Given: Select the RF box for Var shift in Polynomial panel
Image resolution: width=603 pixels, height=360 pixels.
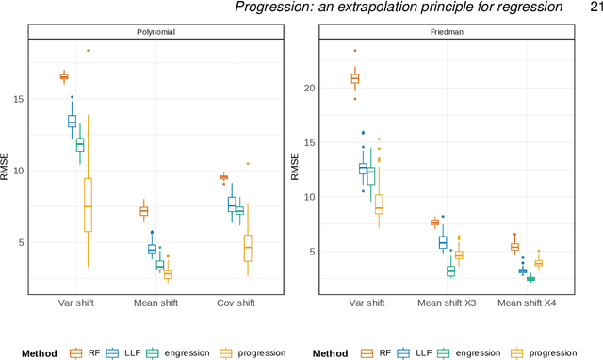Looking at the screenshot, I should (x=64, y=76).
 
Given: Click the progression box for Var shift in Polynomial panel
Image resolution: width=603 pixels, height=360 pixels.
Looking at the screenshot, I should (x=88, y=205).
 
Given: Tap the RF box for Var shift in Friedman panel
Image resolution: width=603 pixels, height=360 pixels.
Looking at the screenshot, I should (x=355, y=79).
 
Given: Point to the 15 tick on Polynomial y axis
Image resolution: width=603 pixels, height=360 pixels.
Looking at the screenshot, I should (x=29, y=99).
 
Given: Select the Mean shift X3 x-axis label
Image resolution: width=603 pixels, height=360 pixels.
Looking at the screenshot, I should (x=446, y=303).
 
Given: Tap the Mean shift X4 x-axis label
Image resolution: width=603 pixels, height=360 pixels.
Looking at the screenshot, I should (x=526, y=303).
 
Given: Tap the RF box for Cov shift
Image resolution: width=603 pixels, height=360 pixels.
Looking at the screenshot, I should (x=223, y=177).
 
